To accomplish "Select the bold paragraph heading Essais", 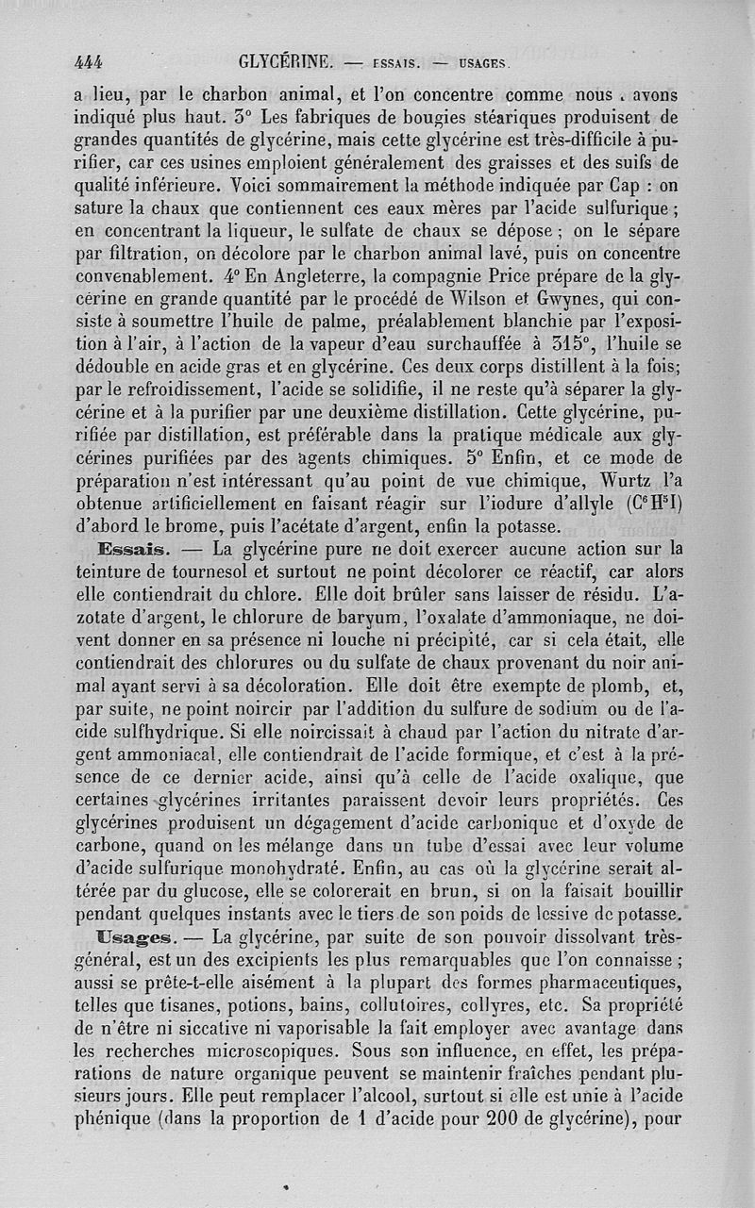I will (131, 550).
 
